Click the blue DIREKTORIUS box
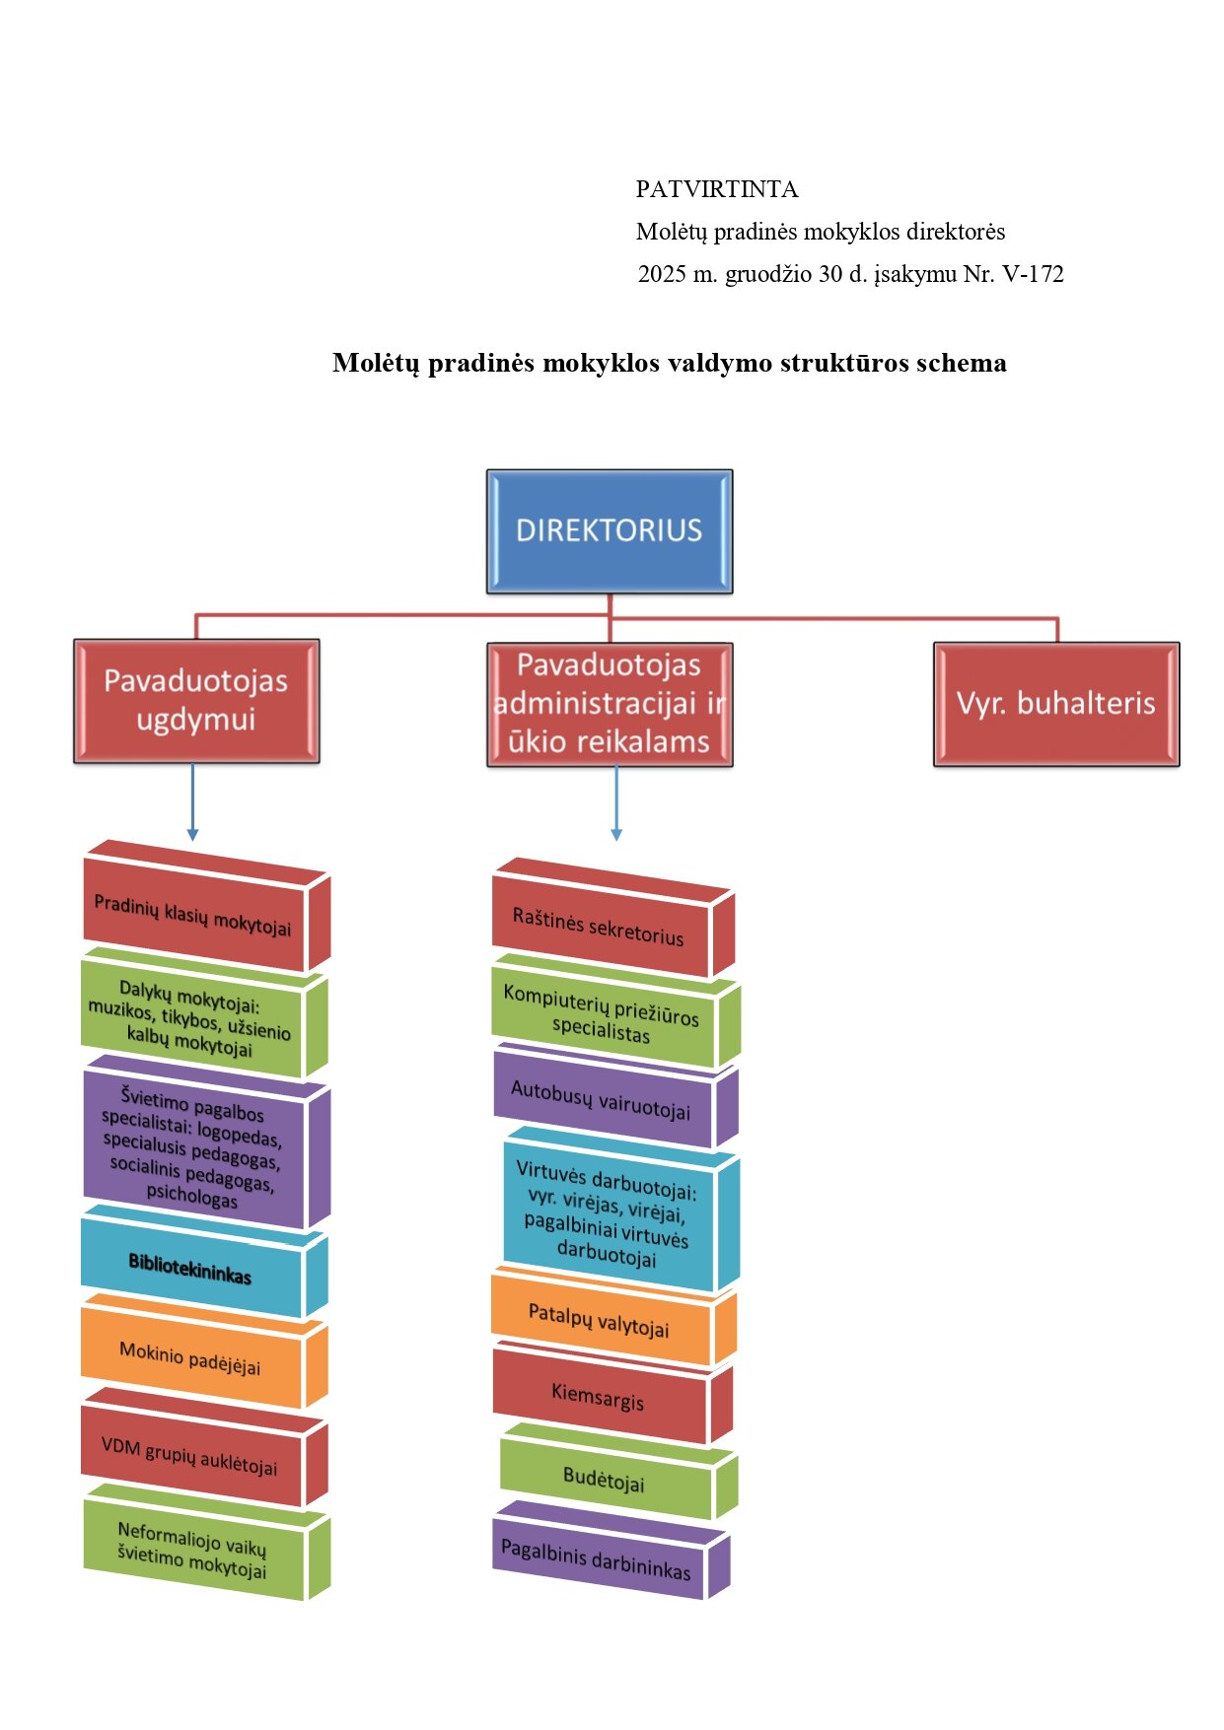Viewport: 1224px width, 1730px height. pos(609,531)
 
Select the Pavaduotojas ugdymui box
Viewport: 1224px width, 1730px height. pos(196,701)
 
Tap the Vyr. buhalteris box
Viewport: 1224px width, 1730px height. pos(1055,704)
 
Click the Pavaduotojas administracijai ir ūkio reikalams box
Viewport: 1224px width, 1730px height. pos(610,704)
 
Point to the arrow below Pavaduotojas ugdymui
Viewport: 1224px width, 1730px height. pos(192,802)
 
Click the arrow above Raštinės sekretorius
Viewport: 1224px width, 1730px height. pos(616,802)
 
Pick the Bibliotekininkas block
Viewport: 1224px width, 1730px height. pos(190,1269)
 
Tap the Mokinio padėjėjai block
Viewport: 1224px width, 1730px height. pos(190,1358)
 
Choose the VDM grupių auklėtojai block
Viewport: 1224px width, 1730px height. pos(189,1456)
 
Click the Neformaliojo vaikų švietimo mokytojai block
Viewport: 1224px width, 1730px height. pos(192,1549)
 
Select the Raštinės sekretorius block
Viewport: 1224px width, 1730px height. pos(598,928)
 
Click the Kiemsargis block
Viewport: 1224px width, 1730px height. pos(598,1396)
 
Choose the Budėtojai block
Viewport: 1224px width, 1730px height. pos(604,1480)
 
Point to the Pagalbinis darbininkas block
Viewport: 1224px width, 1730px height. pos(596,1559)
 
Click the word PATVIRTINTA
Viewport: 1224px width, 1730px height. pos(717,189)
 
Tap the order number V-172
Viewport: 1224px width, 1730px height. pos(1033,274)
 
